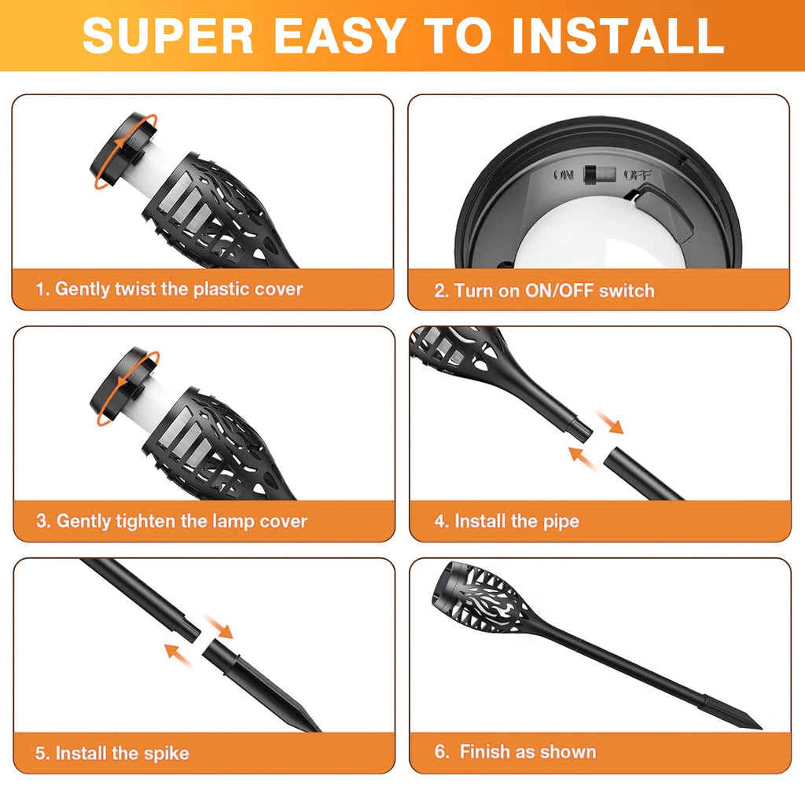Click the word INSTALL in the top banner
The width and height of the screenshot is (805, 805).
point(617,35)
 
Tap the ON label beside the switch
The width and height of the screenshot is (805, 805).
point(564,175)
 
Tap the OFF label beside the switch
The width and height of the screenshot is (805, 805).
point(637,175)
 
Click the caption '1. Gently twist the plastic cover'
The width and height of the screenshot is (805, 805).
point(169,289)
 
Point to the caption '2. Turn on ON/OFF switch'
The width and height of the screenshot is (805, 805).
point(544,291)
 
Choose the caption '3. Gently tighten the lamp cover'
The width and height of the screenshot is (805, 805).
point(171,521)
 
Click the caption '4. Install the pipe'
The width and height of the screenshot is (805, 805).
point(507,521)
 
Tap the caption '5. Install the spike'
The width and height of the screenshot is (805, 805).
point(112,753)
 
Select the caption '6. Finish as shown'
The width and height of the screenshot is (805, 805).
point(516,752)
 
